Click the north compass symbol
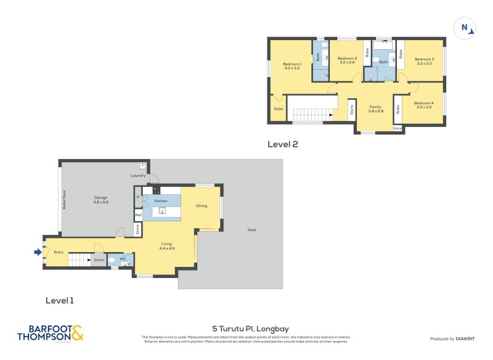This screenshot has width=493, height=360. tap(467, 28)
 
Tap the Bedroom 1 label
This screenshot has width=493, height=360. tap(291, 65)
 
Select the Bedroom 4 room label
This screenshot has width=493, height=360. tap(424, 105)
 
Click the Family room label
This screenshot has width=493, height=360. tap(376, 108)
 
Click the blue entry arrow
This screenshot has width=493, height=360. tap(37, 252)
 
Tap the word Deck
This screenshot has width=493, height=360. tap(251, 230)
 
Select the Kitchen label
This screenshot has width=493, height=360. tap(161, 201)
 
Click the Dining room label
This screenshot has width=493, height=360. tap(202, 206)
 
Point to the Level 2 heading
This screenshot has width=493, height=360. tap(282, 144)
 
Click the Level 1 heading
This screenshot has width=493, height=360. tap(60, 301)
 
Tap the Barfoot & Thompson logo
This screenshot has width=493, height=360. tap(50, 333)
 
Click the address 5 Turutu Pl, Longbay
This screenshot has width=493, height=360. tap(246, 329)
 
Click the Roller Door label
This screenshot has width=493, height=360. tap(63, 199)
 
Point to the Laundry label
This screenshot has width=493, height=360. tap(139, 176)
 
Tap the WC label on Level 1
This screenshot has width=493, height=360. tap(123, 259)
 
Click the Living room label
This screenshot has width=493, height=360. tap(167, 246)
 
